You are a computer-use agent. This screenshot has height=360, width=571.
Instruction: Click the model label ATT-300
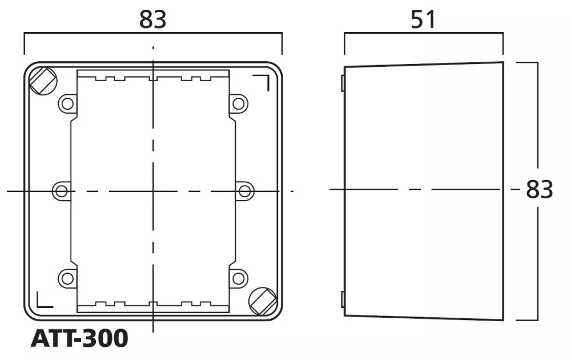[79, 338]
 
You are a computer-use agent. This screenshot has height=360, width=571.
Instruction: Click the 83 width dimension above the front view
[152, 19]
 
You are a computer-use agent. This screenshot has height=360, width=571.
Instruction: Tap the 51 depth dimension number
[423, 19]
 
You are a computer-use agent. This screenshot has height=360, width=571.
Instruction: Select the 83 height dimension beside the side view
[540, 189]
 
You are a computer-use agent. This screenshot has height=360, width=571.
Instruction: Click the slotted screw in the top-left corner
[43, 81]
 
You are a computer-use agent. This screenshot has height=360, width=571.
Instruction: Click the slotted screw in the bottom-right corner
[263, 301]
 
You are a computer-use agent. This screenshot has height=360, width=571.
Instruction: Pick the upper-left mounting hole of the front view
[67, 104]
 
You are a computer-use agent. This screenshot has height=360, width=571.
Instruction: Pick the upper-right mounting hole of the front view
[239, 104]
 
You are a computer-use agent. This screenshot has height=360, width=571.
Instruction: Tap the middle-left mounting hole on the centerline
[62, 191]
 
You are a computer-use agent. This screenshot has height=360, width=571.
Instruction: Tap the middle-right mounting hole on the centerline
[245, 191]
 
